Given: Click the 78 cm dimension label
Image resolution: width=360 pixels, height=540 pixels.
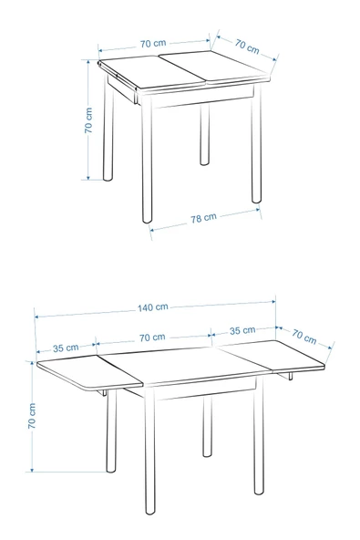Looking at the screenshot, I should coord(203,218).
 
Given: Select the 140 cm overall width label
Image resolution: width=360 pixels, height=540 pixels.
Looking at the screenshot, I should coord(154,306).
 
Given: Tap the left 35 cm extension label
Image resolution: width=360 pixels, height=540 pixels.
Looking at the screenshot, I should coord(66,348).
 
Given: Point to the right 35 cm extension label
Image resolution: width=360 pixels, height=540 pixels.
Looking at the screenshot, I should coord(242,330).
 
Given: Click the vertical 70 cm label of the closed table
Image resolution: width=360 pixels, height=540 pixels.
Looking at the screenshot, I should coord(88,120).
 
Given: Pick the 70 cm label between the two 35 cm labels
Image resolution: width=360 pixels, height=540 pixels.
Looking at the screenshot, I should coord(152,337).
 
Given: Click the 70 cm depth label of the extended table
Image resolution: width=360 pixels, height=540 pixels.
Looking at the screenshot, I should coord(304,337).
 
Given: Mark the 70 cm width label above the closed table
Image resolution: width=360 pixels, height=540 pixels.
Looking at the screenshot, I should coord(153,44).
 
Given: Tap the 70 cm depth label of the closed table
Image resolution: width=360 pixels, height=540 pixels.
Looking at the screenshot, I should coord(246,45).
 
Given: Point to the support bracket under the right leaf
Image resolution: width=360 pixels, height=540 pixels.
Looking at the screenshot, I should coord(287,375).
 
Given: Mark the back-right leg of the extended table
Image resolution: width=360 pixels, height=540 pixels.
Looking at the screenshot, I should coord(206,429).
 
